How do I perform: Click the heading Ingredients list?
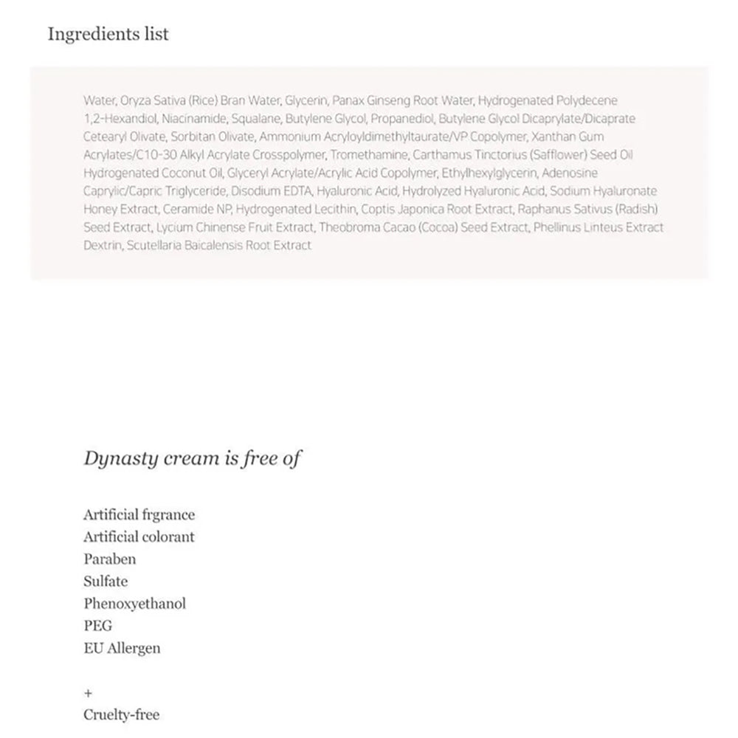108,34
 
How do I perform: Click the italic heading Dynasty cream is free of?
192,458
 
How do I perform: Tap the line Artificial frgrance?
139,514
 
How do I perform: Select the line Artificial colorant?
139,537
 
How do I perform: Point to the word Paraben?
109,559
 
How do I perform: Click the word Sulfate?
106,581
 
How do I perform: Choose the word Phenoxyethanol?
134,603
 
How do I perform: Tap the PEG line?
97,626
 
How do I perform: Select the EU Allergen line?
122,648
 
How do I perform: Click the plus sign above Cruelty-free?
88,693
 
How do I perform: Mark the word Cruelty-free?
121,714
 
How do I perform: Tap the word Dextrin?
103,245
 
